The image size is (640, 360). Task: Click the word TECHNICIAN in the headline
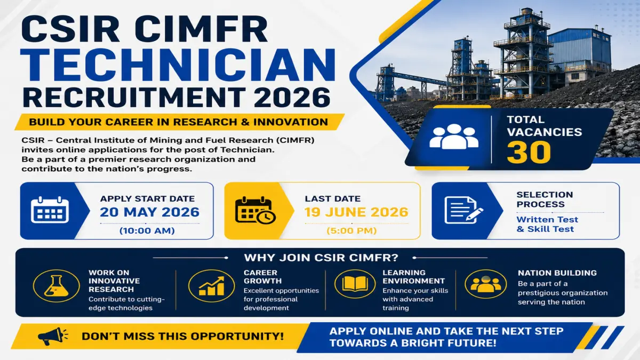coord(178,65)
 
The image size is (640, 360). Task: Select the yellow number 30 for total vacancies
coord(529,153)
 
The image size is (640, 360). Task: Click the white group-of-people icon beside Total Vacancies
coord(454,137)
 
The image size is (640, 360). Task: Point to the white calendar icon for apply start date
coord(50,210)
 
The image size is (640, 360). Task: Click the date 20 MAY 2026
coord(149,212)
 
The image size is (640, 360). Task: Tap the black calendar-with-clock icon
coord(255,210)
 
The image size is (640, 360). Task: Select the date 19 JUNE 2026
coord(356,212)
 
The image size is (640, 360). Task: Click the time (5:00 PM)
coord(351,230)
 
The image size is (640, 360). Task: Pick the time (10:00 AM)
coord(147,230)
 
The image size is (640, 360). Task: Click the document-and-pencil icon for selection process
coord(463,210)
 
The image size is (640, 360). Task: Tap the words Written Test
coord(547,219)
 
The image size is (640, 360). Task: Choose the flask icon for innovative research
coord(57,286)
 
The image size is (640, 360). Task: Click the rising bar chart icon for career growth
coord(212,286)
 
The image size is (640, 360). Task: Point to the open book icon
coord(355,284)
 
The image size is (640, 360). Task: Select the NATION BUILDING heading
coord(557,273)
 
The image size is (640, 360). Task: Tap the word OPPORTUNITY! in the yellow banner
coord(237,337)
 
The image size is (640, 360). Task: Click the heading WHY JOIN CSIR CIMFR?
coord(321,258)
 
